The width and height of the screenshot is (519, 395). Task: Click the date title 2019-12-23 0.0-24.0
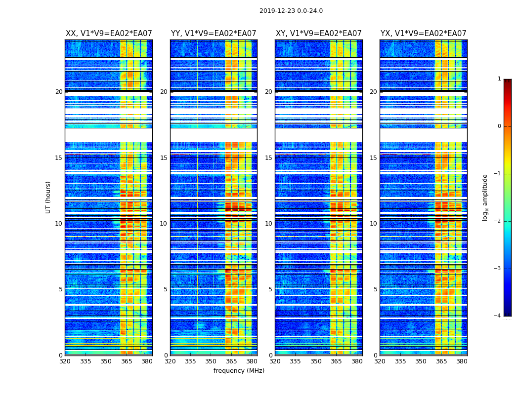[291, 11]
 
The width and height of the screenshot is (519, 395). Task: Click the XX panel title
[109, 34]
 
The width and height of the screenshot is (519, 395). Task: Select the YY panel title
[214, 34]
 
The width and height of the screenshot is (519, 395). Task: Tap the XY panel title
[318, 34]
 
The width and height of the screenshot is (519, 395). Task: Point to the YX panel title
[423, 34]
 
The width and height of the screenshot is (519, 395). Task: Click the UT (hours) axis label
[48, 197]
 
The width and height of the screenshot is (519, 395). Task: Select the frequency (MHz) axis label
[239, 371]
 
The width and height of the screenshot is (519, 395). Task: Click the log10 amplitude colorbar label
[485, 197]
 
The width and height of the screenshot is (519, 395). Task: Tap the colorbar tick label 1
[499, 79]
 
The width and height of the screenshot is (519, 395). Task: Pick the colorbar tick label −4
[498, 316]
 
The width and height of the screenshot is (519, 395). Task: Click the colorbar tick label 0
[499, 126]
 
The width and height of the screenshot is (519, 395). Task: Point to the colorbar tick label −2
[498, 221]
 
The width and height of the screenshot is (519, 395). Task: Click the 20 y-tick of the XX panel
[59, 92]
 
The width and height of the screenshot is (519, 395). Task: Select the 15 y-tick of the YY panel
[164, 158]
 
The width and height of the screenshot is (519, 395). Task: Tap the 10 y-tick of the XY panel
[268, 224]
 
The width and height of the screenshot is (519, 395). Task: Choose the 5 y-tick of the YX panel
[375, 289]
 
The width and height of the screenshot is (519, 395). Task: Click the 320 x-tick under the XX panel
[65, 361]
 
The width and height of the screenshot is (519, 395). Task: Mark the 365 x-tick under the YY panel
[231, 361]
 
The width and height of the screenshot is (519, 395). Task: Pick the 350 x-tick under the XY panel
[316, 361]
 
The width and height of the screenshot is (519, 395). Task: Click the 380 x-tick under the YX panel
[462, 361]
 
